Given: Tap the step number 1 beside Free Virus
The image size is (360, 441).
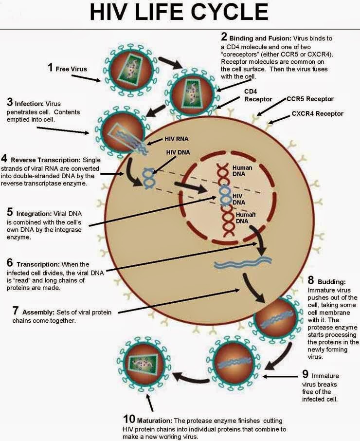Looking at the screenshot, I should point(50,67).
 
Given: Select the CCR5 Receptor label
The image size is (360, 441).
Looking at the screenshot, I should point(309,99).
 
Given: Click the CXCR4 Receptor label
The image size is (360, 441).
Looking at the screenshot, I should point(317,113).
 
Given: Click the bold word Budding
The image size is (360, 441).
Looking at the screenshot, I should point(332,281).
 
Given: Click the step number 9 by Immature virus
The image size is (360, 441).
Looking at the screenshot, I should point(305,374).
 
